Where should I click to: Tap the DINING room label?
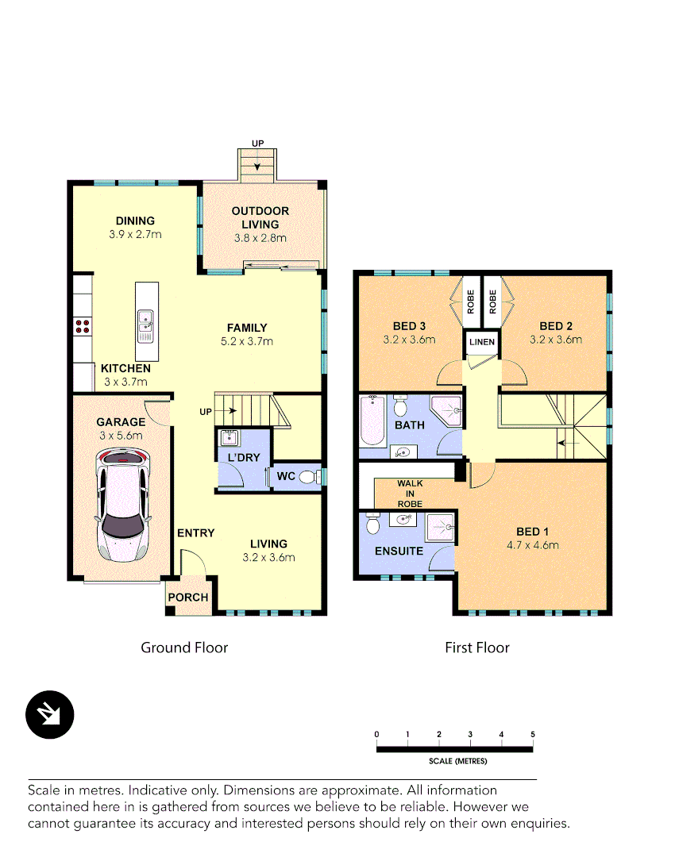[x=135, y=221]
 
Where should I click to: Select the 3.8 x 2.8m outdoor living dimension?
[x=260, y=237]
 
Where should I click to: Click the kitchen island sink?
[x=146, y=321]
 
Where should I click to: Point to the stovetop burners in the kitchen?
[x=82, y=325]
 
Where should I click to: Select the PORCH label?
[x=188, y=598]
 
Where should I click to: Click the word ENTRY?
[x=195, y=532]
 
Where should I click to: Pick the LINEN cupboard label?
[x=482, y=342]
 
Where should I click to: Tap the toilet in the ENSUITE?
[x=372, y=525]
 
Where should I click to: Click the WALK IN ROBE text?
[x=410, y=493]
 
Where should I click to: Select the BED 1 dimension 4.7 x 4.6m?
[x=533, y=544]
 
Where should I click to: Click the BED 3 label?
[x=410, y=326]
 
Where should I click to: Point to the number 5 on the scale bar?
[x=533, y=734]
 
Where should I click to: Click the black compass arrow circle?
[x=49, y=714]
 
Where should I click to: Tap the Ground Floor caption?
[x=184, y=648]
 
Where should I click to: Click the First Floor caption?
[x=476, y=648]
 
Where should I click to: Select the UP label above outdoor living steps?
[x=257, y=143]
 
